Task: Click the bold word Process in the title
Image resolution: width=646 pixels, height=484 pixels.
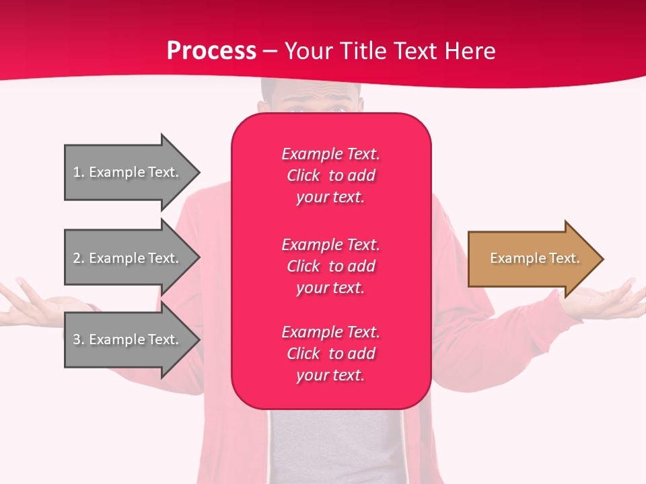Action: (x=211, y=51)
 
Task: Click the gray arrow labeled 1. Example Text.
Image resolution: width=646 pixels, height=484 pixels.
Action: (x=128, y=172)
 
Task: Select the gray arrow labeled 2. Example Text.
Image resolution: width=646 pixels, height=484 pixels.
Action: (x=128, y=258)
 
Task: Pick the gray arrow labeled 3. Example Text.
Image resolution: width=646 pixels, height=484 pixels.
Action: (x=128, y=339)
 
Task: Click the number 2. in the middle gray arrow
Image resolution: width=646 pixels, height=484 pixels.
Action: (x=79, y=258)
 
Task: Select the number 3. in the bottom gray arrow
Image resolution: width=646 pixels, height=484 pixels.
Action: (x=79, y=339)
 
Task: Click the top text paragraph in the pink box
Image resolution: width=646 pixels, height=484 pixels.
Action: (x=330, y=175)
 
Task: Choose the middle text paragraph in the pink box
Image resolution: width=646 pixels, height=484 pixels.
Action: (x=330, y=266)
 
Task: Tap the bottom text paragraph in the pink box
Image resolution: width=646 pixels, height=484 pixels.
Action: (x=330, y=354)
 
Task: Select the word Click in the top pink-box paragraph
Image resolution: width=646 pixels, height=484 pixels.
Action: (x=303, y=175)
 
